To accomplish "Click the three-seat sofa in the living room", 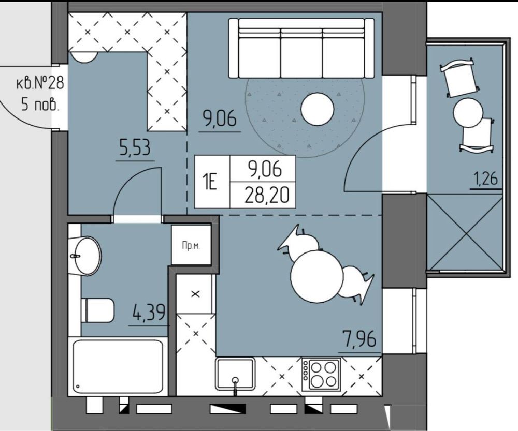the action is tap(301, 48).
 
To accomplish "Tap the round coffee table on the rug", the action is tap(317, 109).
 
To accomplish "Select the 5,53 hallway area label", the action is tap(135, 148).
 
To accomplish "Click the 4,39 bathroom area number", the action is tap(148, 313).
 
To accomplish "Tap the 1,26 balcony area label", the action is tap(486, 179).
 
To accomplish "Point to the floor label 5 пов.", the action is tap(40, 105).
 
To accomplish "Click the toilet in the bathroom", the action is tap(97, 310).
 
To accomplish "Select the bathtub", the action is tap(118, 367).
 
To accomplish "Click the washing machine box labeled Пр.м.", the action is tap(191, 245).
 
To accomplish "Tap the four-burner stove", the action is tap(321, 374).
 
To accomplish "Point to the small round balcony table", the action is tap(468, 112).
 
